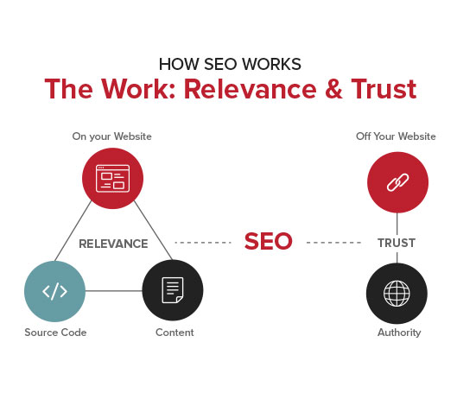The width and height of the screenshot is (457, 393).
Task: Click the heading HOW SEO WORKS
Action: (230, 64)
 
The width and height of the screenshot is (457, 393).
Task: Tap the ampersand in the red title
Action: (333, 89)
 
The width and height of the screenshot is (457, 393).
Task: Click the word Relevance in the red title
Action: (251, 89)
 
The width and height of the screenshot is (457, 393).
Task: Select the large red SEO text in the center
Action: (268, 241)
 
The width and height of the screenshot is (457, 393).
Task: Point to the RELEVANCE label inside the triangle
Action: (113, 244)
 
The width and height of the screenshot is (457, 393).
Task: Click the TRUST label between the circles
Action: (397, 243)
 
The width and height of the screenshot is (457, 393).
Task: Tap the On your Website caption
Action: (112, 136)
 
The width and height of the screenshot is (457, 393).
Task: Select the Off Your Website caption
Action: (396, 136)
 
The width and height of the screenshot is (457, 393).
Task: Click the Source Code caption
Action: (55, 333)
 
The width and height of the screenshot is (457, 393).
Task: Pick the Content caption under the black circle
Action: (175, 333)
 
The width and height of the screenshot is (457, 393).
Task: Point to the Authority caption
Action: (399, 333)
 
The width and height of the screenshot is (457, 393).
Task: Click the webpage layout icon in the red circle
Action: (113, 178)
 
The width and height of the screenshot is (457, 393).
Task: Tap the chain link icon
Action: (398, 182)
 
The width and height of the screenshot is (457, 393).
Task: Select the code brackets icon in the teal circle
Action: (54, 291)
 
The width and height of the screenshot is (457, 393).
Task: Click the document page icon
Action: (173, 290)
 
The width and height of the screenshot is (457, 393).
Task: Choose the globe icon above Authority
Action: (397, 294)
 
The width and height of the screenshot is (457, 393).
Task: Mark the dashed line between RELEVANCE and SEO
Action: (203, 243)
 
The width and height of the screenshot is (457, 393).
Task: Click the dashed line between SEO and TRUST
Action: (333, 243)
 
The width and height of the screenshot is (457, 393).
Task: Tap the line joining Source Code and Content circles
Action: (114, 291)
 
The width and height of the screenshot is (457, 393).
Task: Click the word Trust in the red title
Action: (384, 89)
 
